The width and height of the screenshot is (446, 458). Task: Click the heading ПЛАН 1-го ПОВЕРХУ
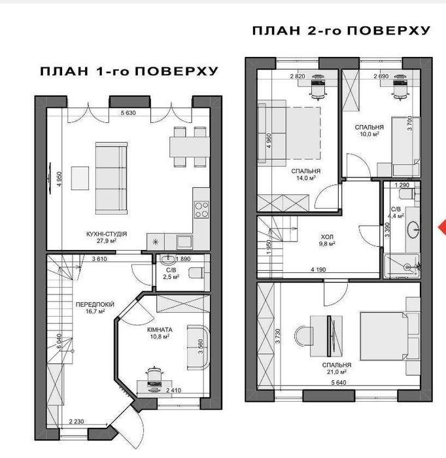(129, 71)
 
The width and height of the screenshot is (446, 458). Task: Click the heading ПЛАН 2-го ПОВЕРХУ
(341, 30)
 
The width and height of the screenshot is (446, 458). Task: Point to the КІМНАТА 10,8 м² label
(160, 333)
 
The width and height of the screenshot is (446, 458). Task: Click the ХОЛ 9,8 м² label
(327, 240)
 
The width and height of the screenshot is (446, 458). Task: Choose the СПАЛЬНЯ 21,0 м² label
(337, 368)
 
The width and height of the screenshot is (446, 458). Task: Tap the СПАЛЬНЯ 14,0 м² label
(305, 175)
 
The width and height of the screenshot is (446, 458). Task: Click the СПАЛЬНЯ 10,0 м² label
(369, 130)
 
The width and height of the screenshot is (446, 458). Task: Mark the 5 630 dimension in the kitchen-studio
(128, 113)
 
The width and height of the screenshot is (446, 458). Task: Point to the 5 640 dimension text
(339, 382)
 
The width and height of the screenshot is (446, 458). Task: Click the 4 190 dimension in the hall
(318, 270)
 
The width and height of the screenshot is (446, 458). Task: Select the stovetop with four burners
(201, 209)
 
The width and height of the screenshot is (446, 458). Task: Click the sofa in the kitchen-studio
(111, 178)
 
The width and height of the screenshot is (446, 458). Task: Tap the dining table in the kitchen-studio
(190, 147)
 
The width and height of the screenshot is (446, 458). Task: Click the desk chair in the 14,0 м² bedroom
(318, 87)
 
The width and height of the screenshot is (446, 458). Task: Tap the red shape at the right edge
(442, 227)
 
